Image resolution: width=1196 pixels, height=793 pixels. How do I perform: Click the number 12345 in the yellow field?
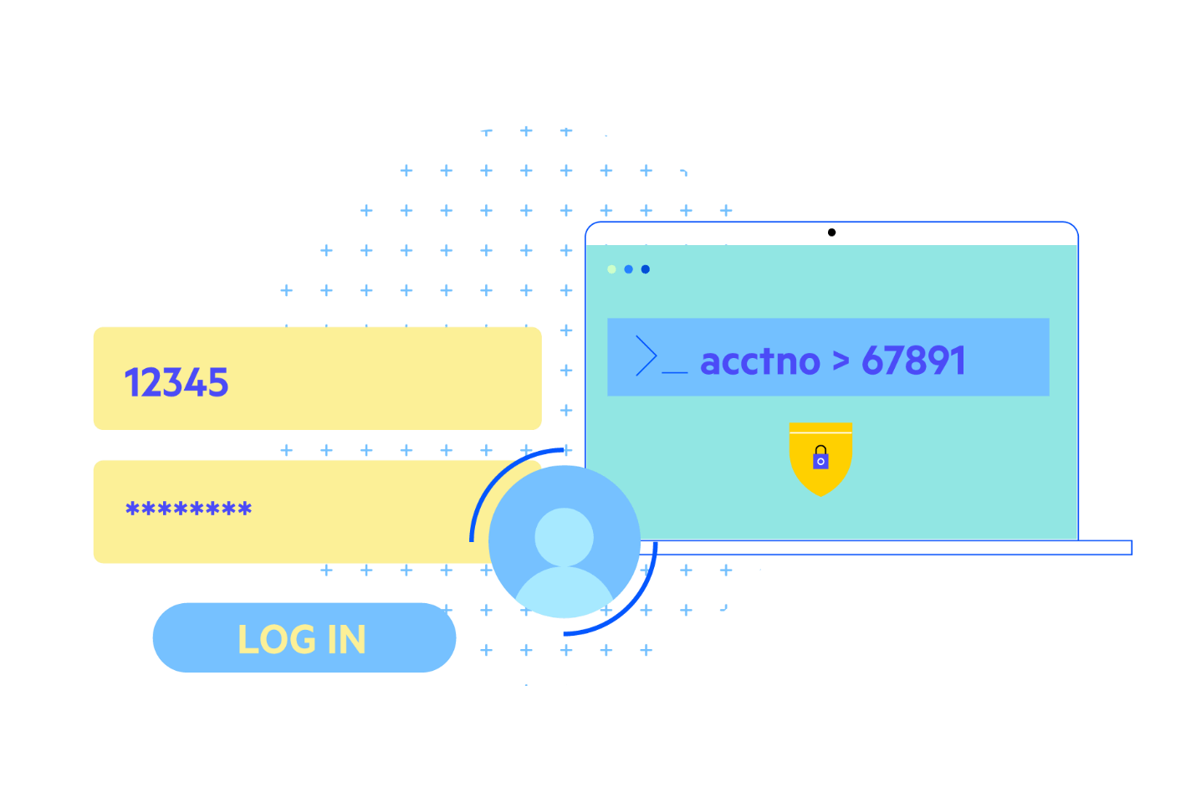coord(176,383)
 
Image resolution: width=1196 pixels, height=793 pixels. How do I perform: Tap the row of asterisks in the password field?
coord(188,509)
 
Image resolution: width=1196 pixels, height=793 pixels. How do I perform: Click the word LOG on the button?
coord(277,640)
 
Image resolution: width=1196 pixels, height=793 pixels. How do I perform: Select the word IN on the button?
coord(346,640)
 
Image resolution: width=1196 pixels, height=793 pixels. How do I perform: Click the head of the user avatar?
coord(564,536)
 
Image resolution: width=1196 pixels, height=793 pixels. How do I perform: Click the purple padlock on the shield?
coord(820,458)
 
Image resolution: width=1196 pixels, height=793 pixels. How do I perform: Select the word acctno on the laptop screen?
coord(759,361)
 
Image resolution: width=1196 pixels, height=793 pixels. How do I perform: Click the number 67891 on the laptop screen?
coord(913,361)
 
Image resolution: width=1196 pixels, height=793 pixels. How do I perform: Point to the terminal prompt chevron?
coord(646,356)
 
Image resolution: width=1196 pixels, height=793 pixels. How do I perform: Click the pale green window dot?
coord(611,269)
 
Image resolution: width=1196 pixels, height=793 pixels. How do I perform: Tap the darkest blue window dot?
coord(645,269)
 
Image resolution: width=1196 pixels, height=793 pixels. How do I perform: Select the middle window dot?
coord(628,269)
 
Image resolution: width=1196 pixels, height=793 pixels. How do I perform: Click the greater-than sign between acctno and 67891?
coord(841,362)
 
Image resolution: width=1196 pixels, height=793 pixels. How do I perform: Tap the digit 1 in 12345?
coord(130,383)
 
